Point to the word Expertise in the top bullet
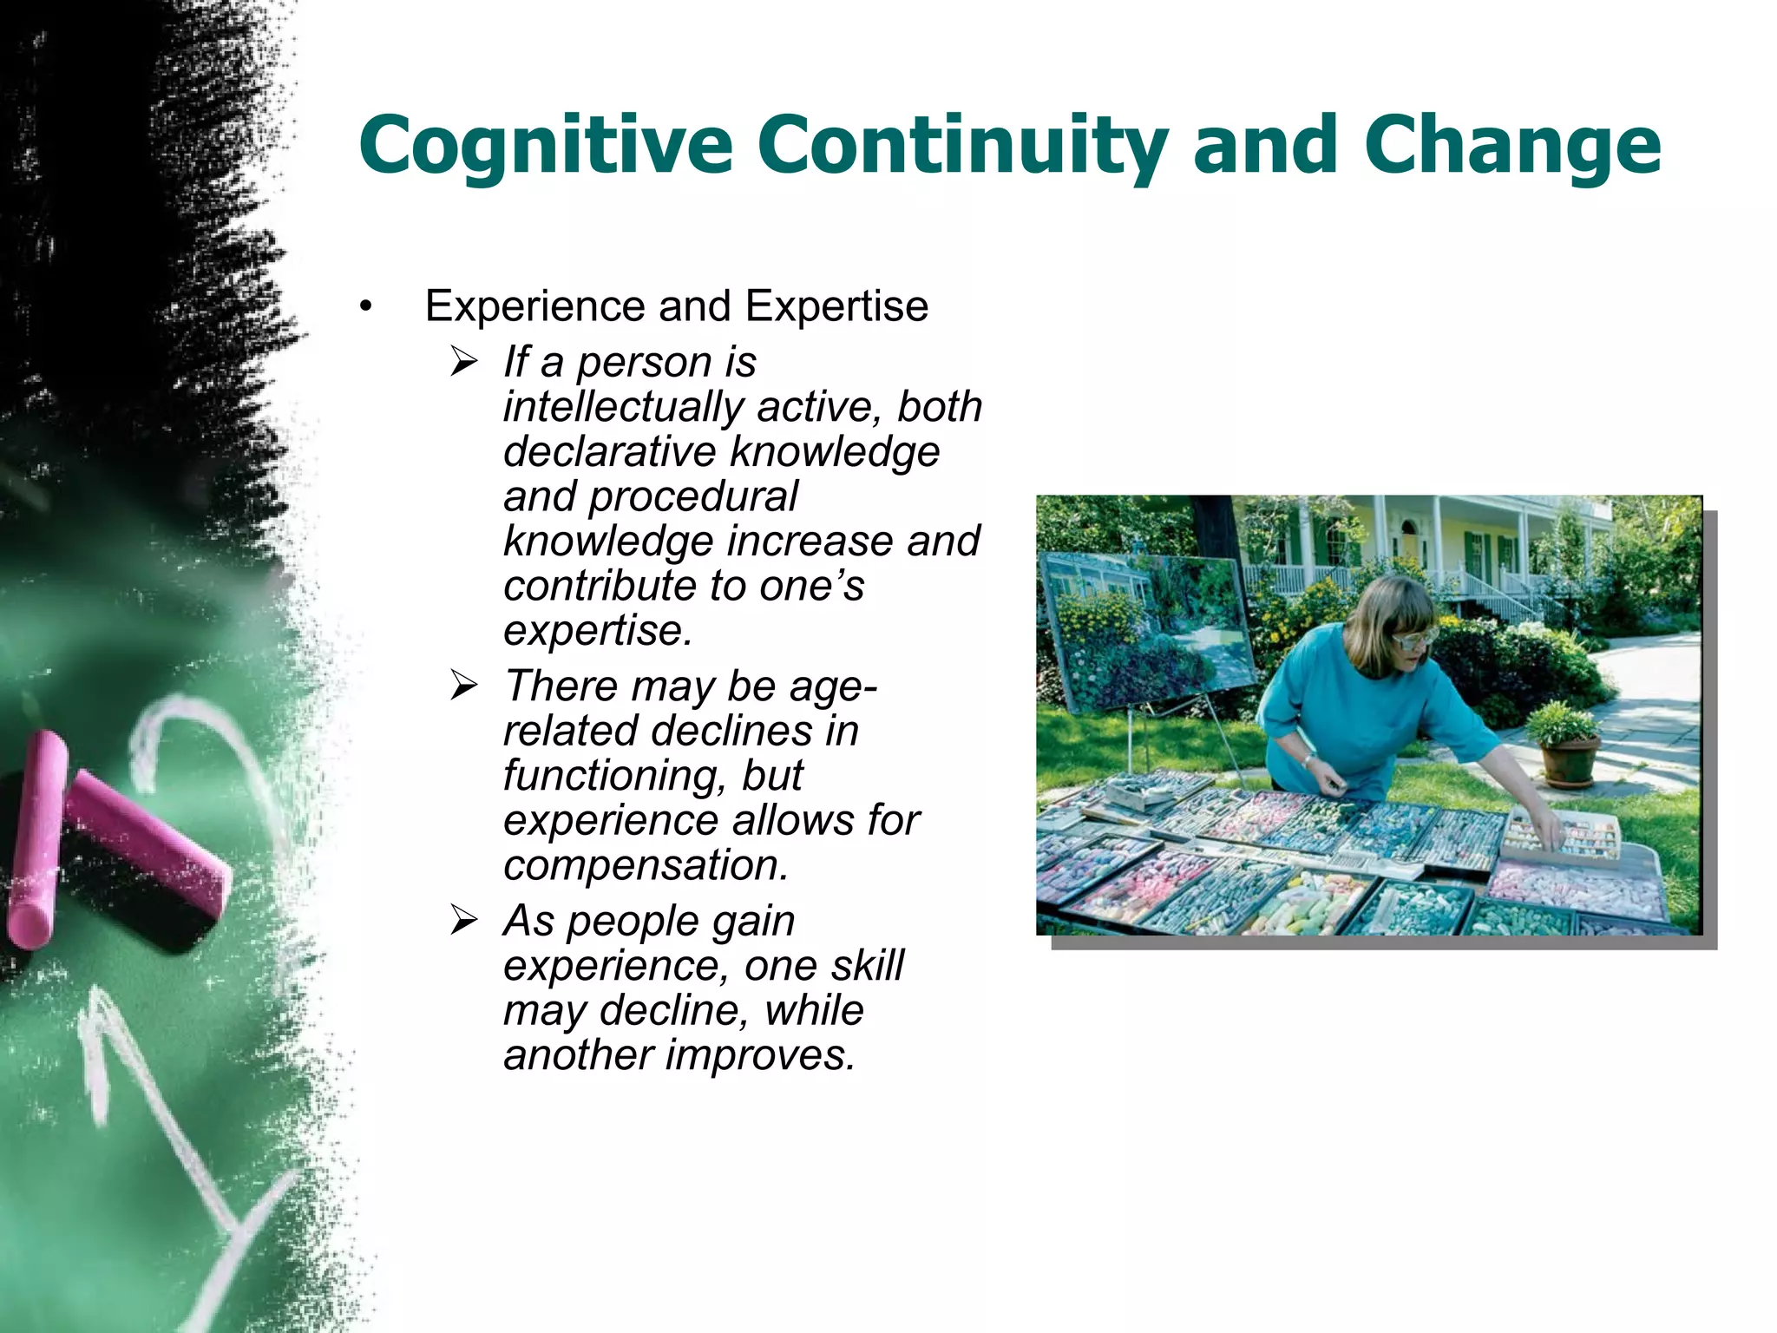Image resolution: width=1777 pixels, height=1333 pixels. pyautogui.click(x=836, y=306)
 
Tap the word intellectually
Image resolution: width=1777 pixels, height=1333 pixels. pyautogui.click(x=623, y=407)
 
